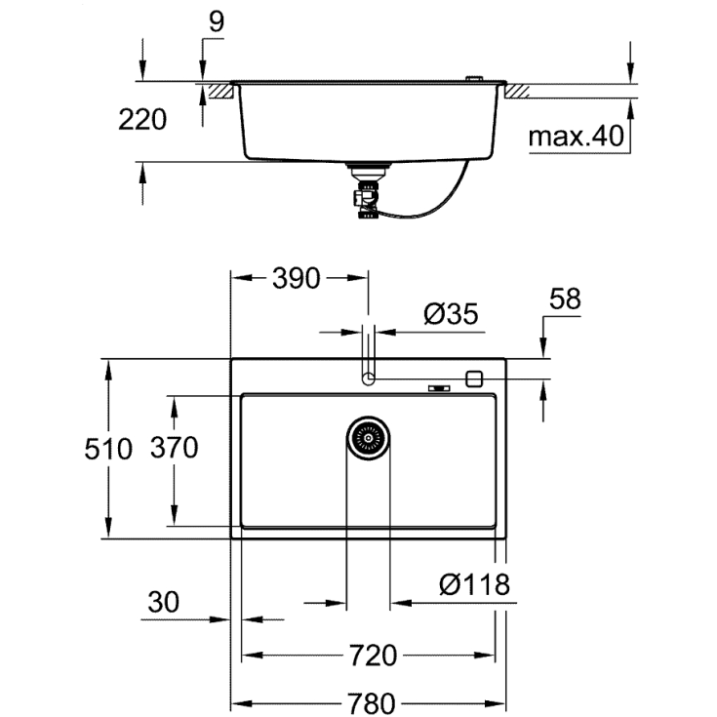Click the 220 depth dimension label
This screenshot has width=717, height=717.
[x=142, y=120]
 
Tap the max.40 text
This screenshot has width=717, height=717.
[x=576, y=137]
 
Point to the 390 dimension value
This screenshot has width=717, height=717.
[x=296, y=278]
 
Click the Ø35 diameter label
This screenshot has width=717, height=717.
[x=451, y=314]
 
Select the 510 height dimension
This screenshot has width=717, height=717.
[x=107, y=449]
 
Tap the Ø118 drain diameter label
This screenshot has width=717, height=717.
[x=474, y=584]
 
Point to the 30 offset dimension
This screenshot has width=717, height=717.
[x=164, y=603]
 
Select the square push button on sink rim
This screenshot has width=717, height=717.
[x=475, y=378]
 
